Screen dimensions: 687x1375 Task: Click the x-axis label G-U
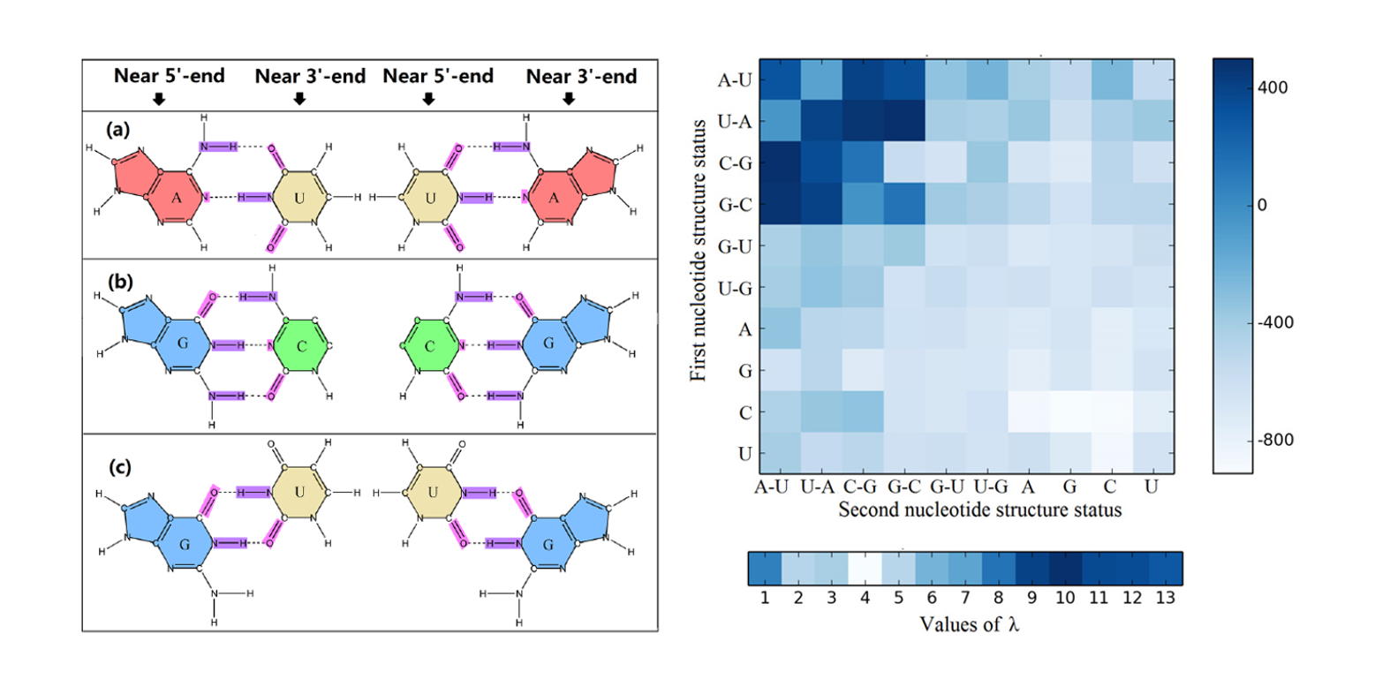tap(944, 487)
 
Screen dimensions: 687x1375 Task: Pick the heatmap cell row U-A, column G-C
tap(903, 122)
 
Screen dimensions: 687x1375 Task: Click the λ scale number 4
tap(863, 597)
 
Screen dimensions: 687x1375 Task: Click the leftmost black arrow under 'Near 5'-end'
tap(159, 99)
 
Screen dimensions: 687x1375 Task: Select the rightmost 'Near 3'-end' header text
tap(581, 77)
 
